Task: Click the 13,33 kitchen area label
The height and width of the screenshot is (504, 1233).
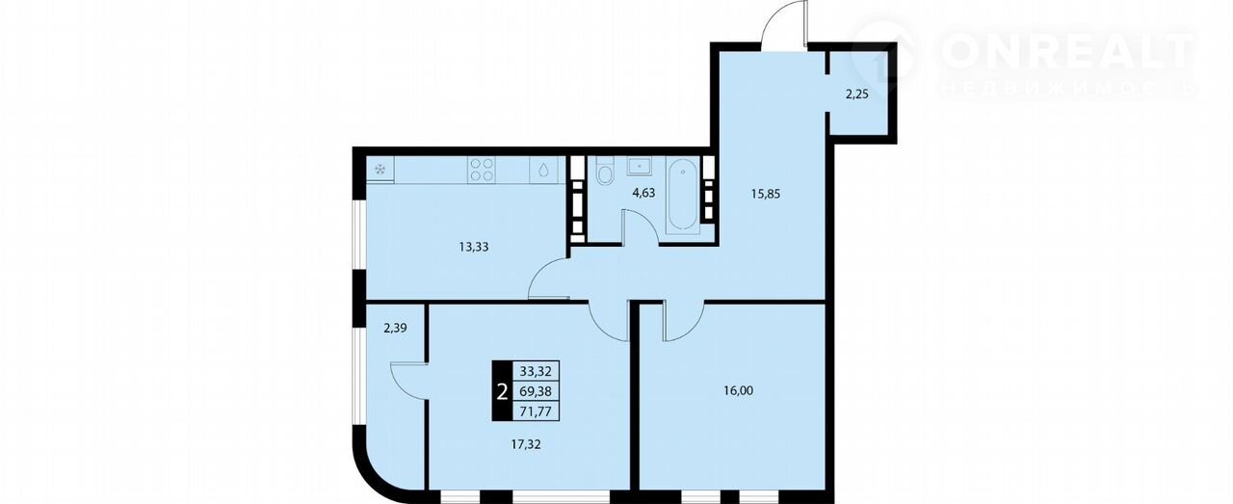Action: [473, 247]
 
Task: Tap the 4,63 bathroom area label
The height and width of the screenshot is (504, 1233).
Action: [643, 193]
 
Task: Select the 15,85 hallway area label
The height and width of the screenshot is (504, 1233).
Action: [766, 194]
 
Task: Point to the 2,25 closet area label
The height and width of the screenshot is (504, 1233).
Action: [857, 94]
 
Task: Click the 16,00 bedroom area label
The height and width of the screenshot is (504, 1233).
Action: [738, 390]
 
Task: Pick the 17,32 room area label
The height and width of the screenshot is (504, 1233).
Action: [526, 444]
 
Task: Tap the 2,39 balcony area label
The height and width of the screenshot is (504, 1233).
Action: [395, 329]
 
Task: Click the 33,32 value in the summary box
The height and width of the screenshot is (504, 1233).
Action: [536, 371]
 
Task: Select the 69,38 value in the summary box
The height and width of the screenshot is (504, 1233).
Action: [536, 391]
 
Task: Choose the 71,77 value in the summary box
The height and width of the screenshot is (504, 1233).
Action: [536, 411]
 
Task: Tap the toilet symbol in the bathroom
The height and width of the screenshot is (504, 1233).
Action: [604, 171]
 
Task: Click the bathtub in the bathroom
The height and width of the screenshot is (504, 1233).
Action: [683, 194]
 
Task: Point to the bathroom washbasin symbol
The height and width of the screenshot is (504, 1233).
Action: [639, 165]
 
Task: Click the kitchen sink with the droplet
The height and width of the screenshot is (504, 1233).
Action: [544, 170]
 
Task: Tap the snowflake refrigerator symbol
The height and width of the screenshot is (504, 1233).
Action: [380, 169]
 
